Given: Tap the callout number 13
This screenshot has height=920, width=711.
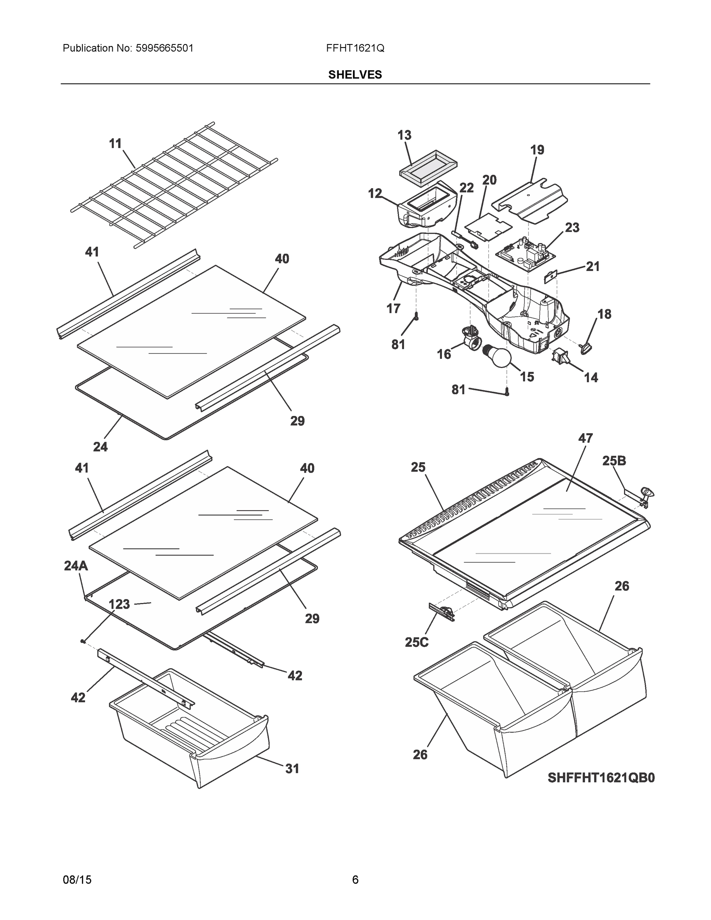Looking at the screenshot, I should pyautogui.click(x=404, y=135).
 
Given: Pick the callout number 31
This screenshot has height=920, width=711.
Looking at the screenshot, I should pyautogui.click(x=292, y=768).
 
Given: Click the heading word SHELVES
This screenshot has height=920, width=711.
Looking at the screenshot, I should pyautogui.click(x=355, y=75).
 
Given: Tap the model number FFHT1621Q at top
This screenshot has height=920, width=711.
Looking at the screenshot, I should pyautogui.click(x=355, y=48).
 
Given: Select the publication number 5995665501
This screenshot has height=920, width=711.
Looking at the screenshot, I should pyautogui.click(x=164, y=48).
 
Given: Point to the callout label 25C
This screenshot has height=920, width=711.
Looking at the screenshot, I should pyautogui.click(x=417, y=642).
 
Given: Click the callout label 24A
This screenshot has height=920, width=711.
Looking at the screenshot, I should pyautogui.click(x=76, y=566).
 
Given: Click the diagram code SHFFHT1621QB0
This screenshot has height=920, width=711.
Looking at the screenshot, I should pyautogui.click(x=601, y=777).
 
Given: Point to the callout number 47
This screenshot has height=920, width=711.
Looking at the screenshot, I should pyautogui.click(x=586, y=438).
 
